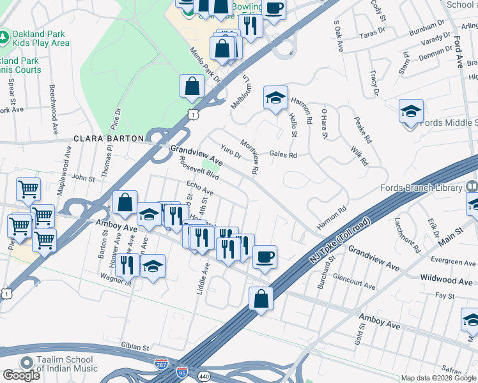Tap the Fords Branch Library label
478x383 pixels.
click(x=420, y=188)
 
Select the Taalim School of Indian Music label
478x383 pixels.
click(x=67, y=364)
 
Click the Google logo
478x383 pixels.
click(x=21, y=375)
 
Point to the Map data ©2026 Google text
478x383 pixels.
click(x=438, y=378)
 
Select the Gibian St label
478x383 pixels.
click(x=135, y=345)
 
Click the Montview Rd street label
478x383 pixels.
click(x=249, y=157)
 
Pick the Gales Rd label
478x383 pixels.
click(x=283, y=154)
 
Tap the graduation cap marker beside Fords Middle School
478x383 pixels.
click(x=411, y=111)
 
